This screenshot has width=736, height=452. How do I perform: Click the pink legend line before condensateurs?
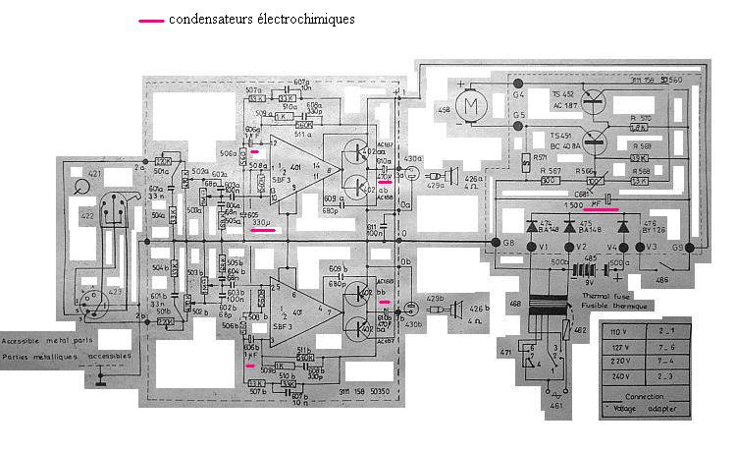pyautogui.click(x=152, y=20)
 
